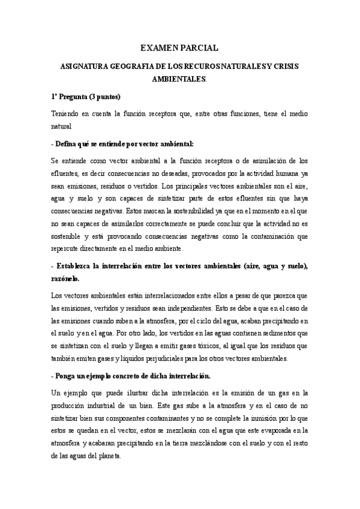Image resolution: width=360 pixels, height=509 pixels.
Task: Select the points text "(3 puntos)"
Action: (104, 97)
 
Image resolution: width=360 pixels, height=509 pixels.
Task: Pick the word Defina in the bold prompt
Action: (67, 144)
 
